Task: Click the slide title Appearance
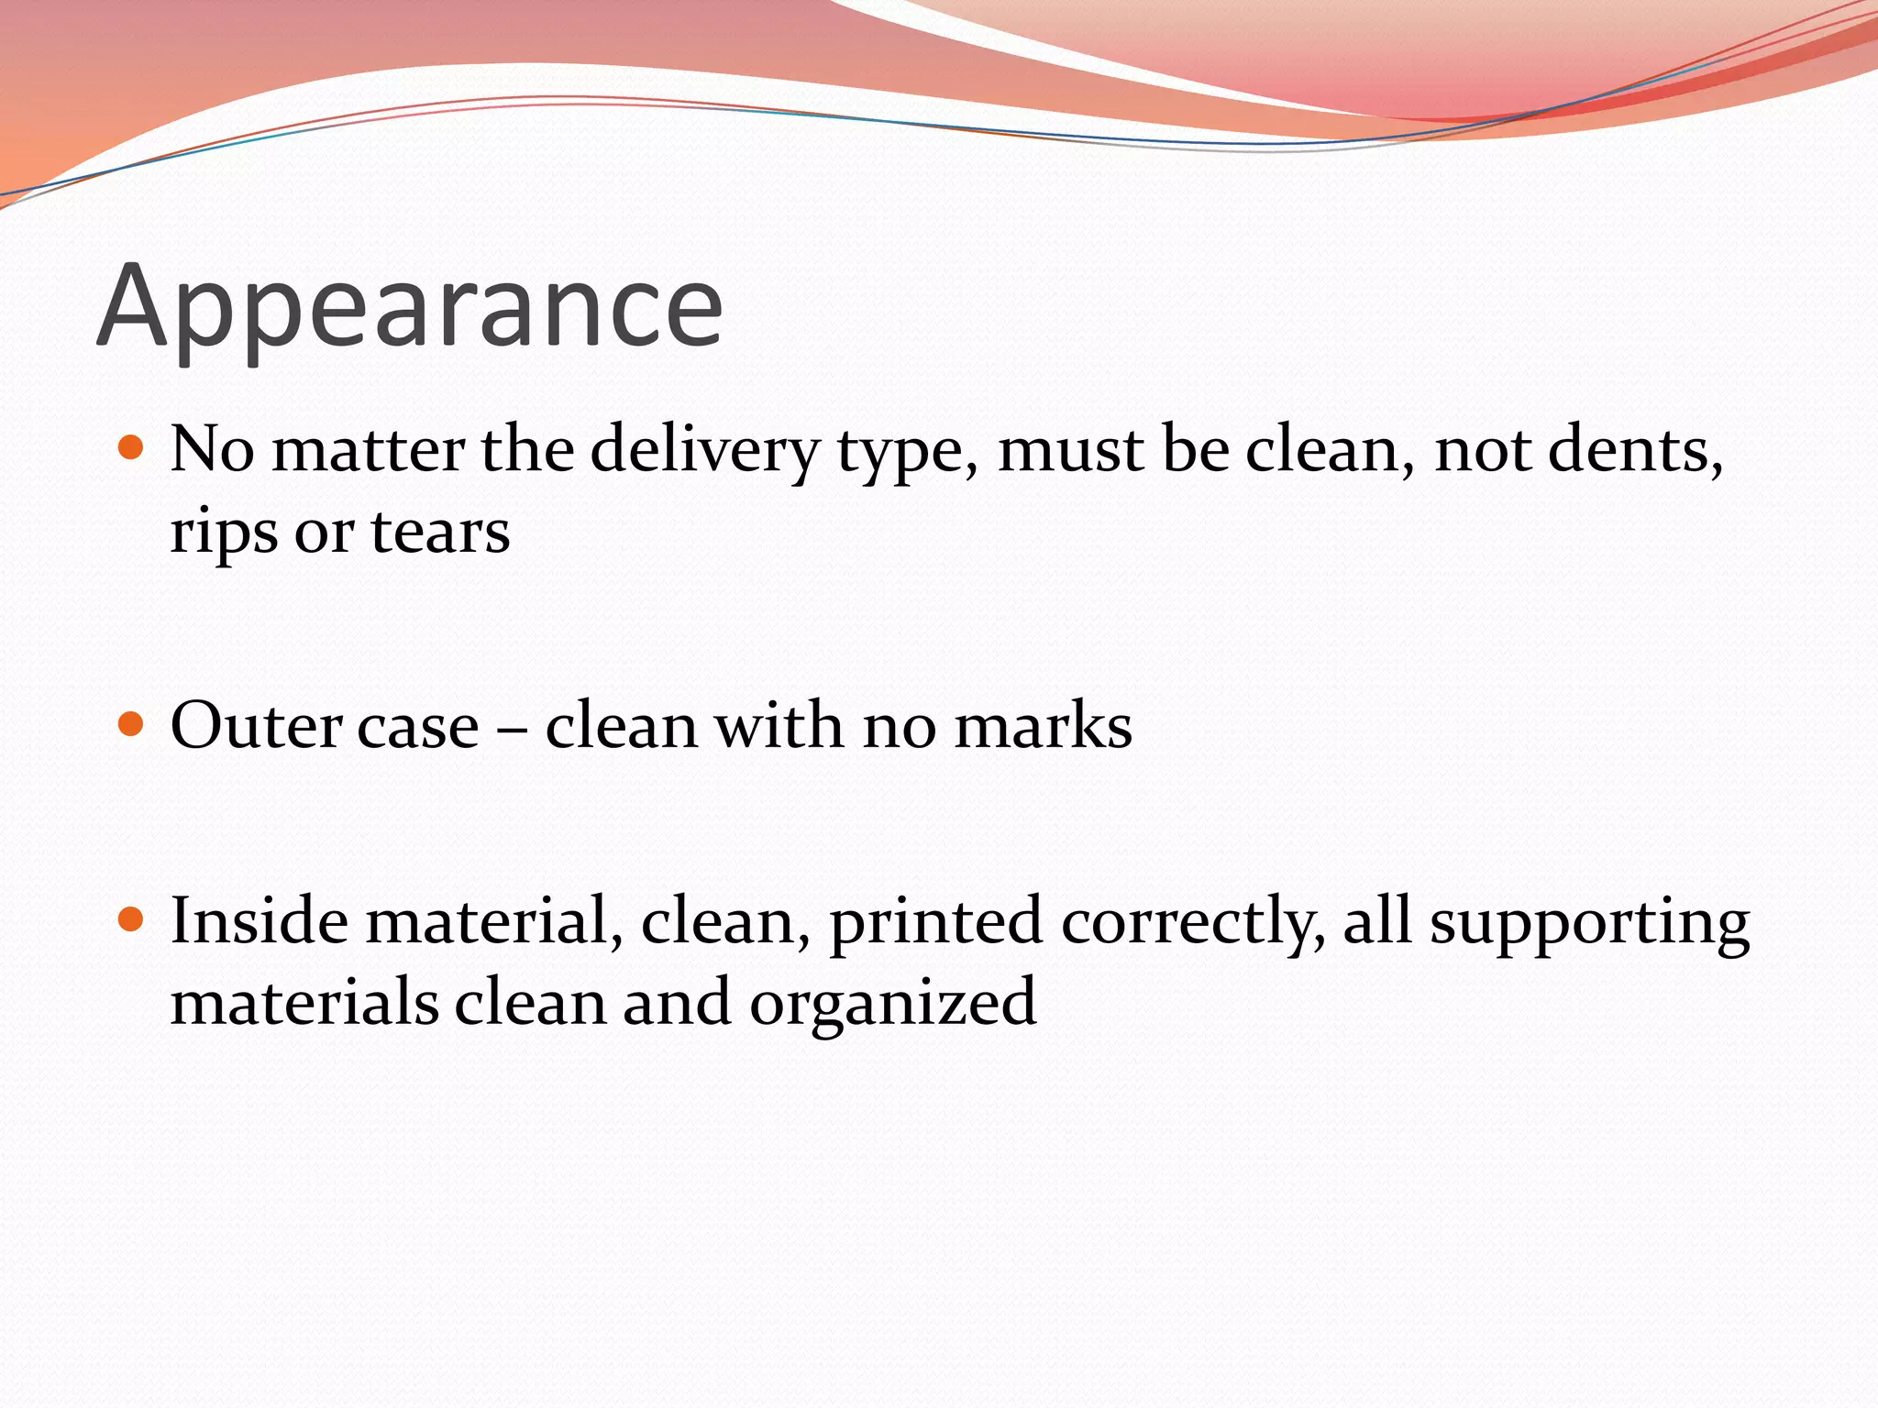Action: (410, 307)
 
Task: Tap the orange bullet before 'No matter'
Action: (132, 448)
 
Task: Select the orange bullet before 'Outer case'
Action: (132, 724)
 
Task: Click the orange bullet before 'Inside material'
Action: (132, 919)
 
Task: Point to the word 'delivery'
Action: (704, 451)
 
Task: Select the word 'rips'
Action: (224, 533)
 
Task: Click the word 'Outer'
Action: (256, 726)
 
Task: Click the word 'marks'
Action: (1043, 726)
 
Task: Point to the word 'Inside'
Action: (259, 920)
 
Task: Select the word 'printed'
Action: (935, 922)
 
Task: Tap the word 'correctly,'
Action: (1193, 922)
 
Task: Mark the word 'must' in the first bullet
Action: (1070, 451)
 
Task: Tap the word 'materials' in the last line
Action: (304, 1002)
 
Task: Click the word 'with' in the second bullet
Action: (779, 726)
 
